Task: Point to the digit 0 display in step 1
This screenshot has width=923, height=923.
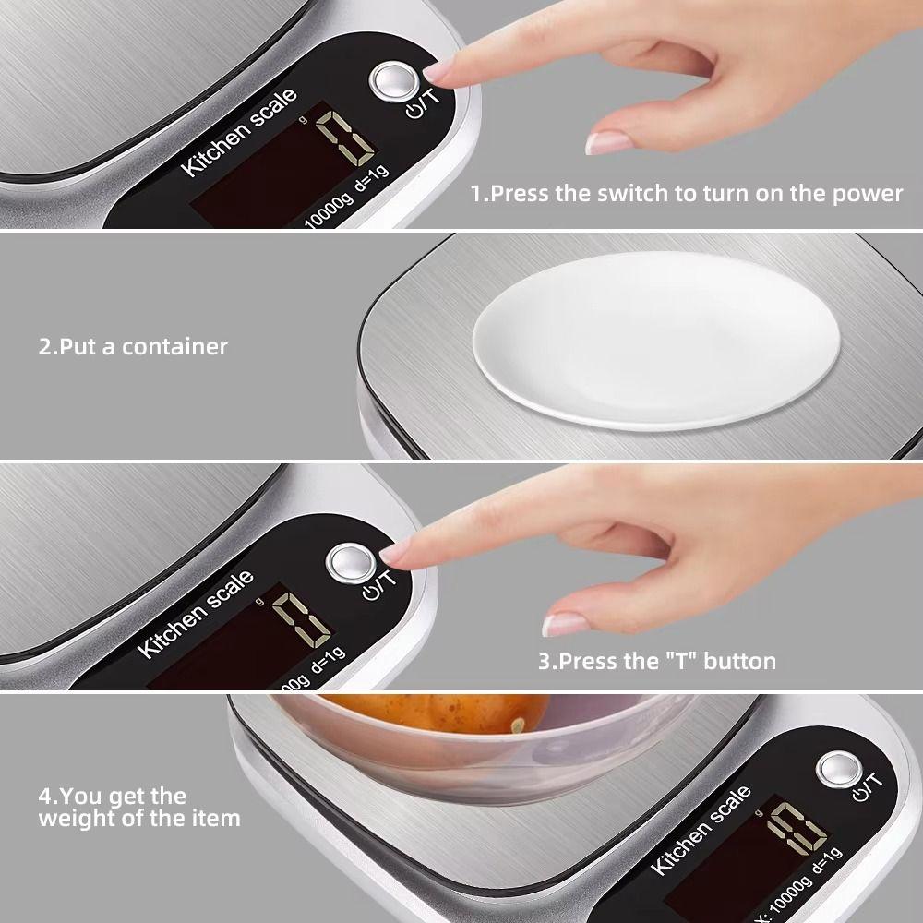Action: pos(344,133)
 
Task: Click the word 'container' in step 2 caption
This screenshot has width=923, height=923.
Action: pos(175,347)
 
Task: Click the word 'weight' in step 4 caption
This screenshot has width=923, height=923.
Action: pos(76,818)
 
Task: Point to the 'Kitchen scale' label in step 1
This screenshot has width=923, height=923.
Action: pos(239,132)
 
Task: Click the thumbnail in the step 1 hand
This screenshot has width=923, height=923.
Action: pos(605,142)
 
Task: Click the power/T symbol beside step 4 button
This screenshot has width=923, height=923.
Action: pos(870,786)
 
